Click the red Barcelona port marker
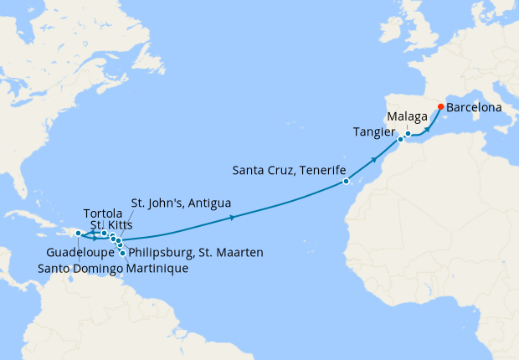point(440,106)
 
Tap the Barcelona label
point(475,108)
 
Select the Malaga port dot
point(408,133)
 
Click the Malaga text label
point(408,116)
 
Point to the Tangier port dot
point(400,139)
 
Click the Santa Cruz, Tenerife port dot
point(346,181)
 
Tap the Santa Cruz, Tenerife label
point(289,171)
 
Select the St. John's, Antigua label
point(181,203)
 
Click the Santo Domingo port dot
point(78,234)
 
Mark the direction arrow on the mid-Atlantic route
point(231,218)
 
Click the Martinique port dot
point(123,253)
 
